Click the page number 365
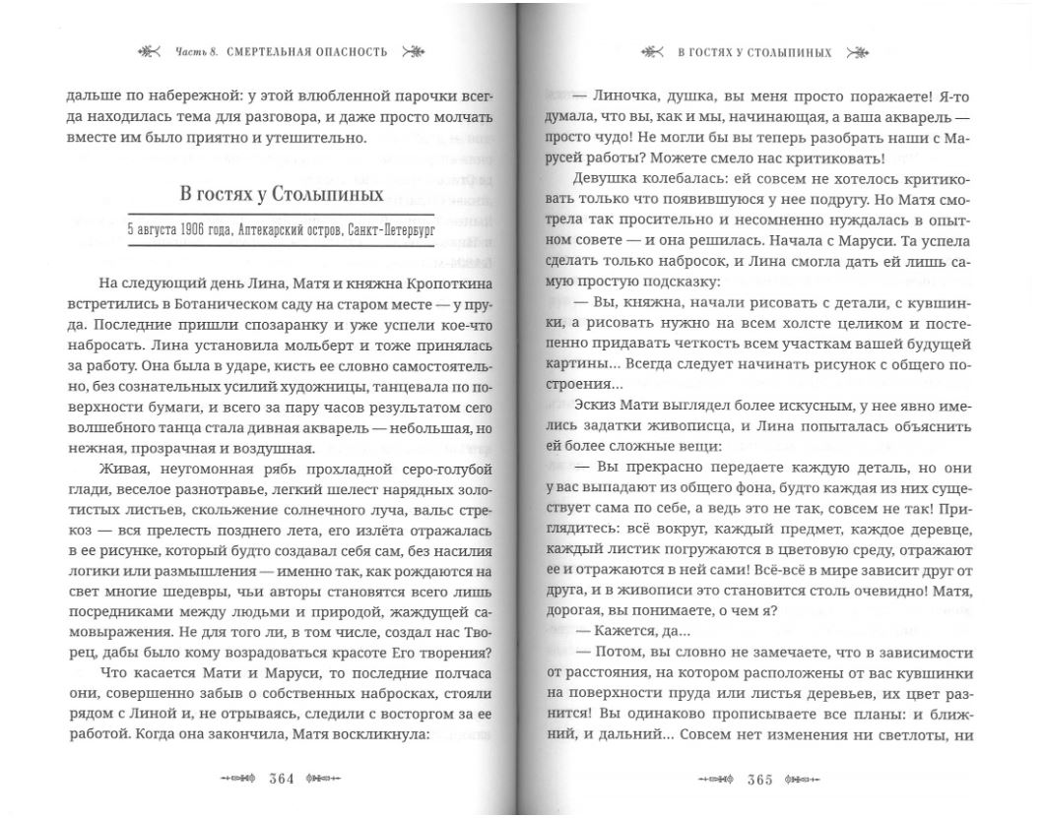click(x=759, y=779)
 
